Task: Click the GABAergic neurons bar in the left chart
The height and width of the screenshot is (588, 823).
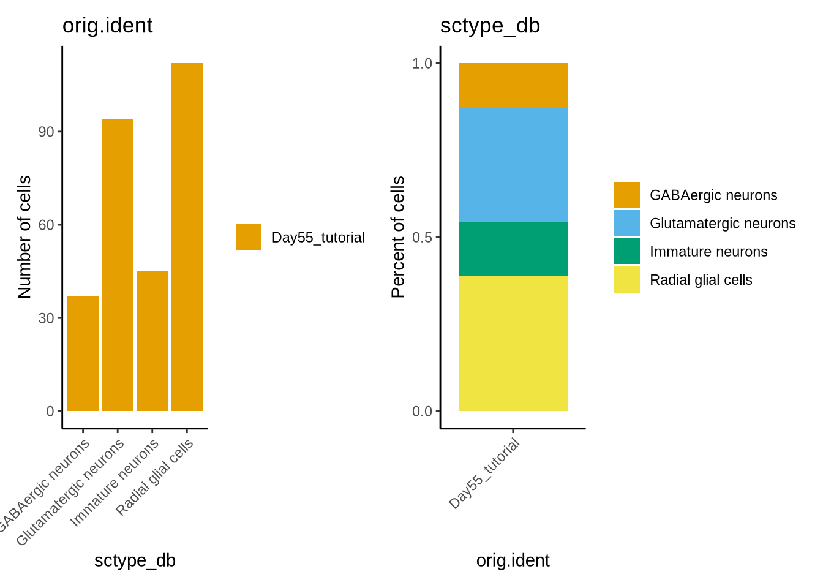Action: click(83, 353)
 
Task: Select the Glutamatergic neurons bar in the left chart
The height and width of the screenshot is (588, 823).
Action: click(118, 265)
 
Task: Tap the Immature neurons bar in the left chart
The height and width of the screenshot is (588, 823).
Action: click(152, 341)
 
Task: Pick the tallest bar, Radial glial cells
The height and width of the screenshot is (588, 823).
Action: click(187, 236)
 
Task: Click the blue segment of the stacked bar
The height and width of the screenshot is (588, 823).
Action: click(513, 164)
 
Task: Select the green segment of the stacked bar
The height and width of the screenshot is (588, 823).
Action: click(513, 248)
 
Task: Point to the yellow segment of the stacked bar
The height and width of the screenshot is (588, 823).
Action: click(513, 343)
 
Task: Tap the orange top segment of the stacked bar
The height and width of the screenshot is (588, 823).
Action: click(513, 85)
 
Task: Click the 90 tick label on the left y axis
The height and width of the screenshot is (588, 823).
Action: click(47, 132)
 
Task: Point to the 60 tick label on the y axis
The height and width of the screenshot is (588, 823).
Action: click(47, 225)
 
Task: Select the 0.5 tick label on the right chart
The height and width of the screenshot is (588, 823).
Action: click(422, 238)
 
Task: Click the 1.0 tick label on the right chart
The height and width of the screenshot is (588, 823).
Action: click(422, 64)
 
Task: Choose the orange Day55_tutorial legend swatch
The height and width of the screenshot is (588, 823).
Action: click(249, 237)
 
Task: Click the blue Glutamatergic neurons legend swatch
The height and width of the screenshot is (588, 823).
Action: click(626, 223)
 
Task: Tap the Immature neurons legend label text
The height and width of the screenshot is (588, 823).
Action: click(708, 252)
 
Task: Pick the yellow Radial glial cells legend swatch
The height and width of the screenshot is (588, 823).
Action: click(626, 279)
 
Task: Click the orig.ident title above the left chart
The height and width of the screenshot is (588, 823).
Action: click(108, 26)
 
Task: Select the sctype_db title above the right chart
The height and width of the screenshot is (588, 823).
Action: click(490, 26)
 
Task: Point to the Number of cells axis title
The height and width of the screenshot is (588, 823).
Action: click(24, 237)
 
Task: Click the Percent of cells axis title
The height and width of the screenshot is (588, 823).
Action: click(398, 237)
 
